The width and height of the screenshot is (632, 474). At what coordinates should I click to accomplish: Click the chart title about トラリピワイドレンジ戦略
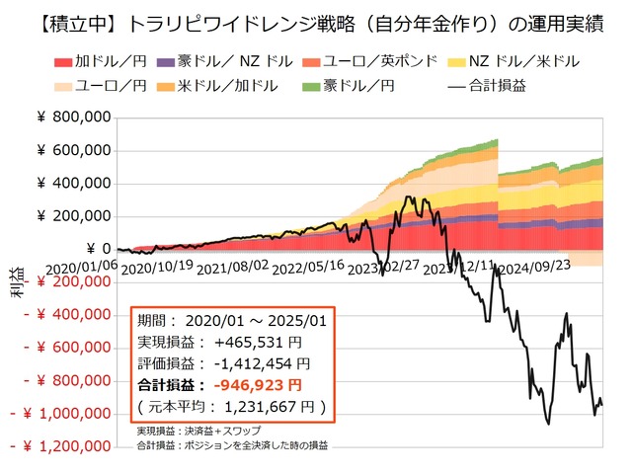coord(316,23)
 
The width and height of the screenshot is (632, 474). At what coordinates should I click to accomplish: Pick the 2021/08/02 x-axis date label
coord(233,267)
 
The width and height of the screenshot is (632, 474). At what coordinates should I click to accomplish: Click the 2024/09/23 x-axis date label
coord(533,267)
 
